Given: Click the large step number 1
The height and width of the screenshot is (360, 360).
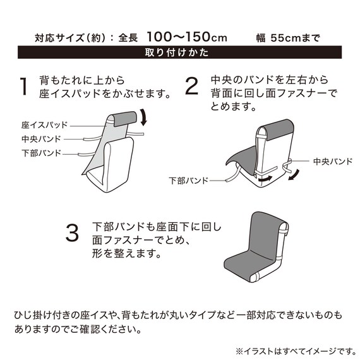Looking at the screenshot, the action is coord(23,87).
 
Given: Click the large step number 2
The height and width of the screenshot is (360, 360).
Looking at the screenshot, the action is coord(191,86).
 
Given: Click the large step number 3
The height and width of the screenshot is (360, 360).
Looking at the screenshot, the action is coord(72,233).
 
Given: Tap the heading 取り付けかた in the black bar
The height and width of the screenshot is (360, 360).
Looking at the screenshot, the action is coord(177,52).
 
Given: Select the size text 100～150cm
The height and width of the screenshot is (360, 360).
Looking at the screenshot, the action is coord(187,37).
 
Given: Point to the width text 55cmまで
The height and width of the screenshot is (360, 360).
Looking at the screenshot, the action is coord(295,38).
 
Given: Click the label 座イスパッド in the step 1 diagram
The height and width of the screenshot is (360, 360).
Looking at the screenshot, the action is coord(45,125).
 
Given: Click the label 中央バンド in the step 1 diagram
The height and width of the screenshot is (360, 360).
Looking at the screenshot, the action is coord(41,139).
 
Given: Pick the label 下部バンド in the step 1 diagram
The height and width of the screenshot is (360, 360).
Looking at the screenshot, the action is coord(41,153).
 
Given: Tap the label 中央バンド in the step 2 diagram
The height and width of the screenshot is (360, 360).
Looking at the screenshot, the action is coord(333,162).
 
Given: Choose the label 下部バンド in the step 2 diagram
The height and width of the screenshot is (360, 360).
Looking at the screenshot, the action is coord(188,181).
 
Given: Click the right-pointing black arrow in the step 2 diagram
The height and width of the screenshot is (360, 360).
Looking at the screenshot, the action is coord(265,179).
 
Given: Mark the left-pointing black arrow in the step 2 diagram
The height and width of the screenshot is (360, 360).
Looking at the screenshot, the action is coord(295,175).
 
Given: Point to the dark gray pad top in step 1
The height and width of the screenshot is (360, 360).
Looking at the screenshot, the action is coord(125,119).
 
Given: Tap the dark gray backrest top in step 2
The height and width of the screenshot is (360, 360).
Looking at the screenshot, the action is coord(278,129).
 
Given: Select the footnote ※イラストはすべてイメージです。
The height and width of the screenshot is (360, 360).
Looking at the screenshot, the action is coord(296,351).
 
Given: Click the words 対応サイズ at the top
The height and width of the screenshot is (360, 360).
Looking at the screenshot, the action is coord(59,38).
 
